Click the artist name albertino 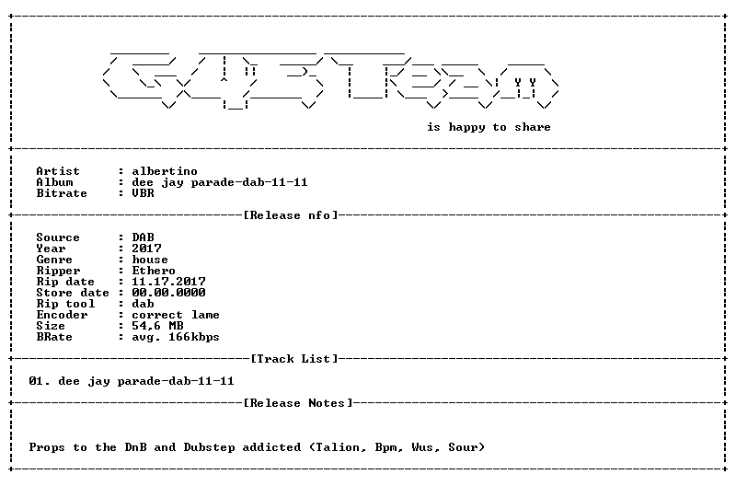pos(165,171)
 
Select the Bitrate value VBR pos(143,193)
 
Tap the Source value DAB pos(143,237)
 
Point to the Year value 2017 pos(146,249)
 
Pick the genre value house pos(150,260)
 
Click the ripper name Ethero pos(154,271)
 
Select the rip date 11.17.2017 pos(168,282)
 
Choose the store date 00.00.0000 pos(168,293)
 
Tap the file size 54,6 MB pos(157,326)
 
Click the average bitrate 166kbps pos(194,337)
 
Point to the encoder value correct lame pos(176,315)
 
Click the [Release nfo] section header pos(291,215)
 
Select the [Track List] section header pos(293,359)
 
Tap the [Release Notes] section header pos(297,403)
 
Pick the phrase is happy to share pos(489,127)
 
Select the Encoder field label pos(62,315)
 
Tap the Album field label pos(54,182)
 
